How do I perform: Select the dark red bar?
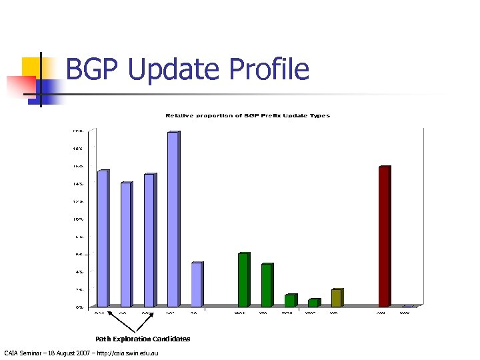pos(384,236)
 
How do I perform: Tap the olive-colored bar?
pos(336,298)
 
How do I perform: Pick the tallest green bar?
pos(243,280)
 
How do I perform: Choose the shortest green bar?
pos(313,303)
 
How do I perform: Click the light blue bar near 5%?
pos(196,285)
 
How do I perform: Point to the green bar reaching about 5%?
pos(267,285)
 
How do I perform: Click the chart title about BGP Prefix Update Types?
pos(247,116)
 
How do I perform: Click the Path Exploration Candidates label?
pos(142,339)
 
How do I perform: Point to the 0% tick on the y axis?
pos(79,307)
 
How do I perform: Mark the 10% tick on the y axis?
pos(79,219)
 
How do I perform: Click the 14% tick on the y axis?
pos(79,183)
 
